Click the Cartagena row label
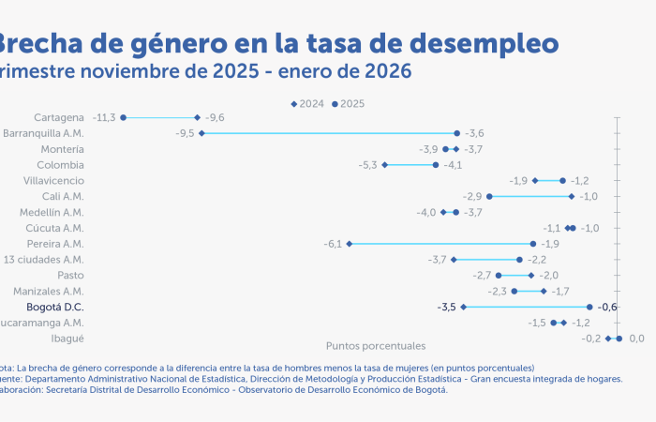pos(59,117)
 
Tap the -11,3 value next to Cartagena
pos(104,117)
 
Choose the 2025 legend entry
pos(349,103)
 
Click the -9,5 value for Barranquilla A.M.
pos(185,133)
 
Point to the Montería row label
pos(63,149)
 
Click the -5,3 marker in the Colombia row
pos(385,165)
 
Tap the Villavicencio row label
pos(53,180)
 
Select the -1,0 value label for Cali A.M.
pos(589,196)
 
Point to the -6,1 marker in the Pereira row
pos(350,244)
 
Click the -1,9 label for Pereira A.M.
pos(550,244)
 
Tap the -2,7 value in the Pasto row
pos(482,275)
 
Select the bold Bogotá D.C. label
pos(55,307)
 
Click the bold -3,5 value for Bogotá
pos(446,307)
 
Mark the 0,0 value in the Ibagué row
pos(637,339)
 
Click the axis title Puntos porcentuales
pos(375,346)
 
